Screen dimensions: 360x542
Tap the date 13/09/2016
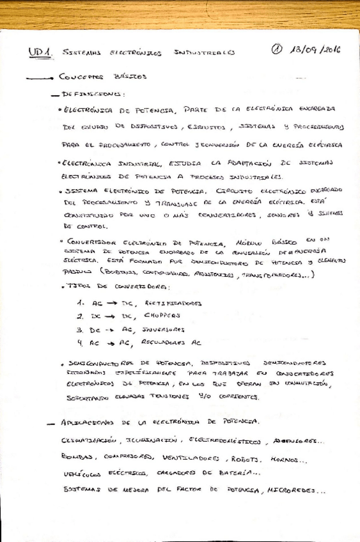pos(313,50)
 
